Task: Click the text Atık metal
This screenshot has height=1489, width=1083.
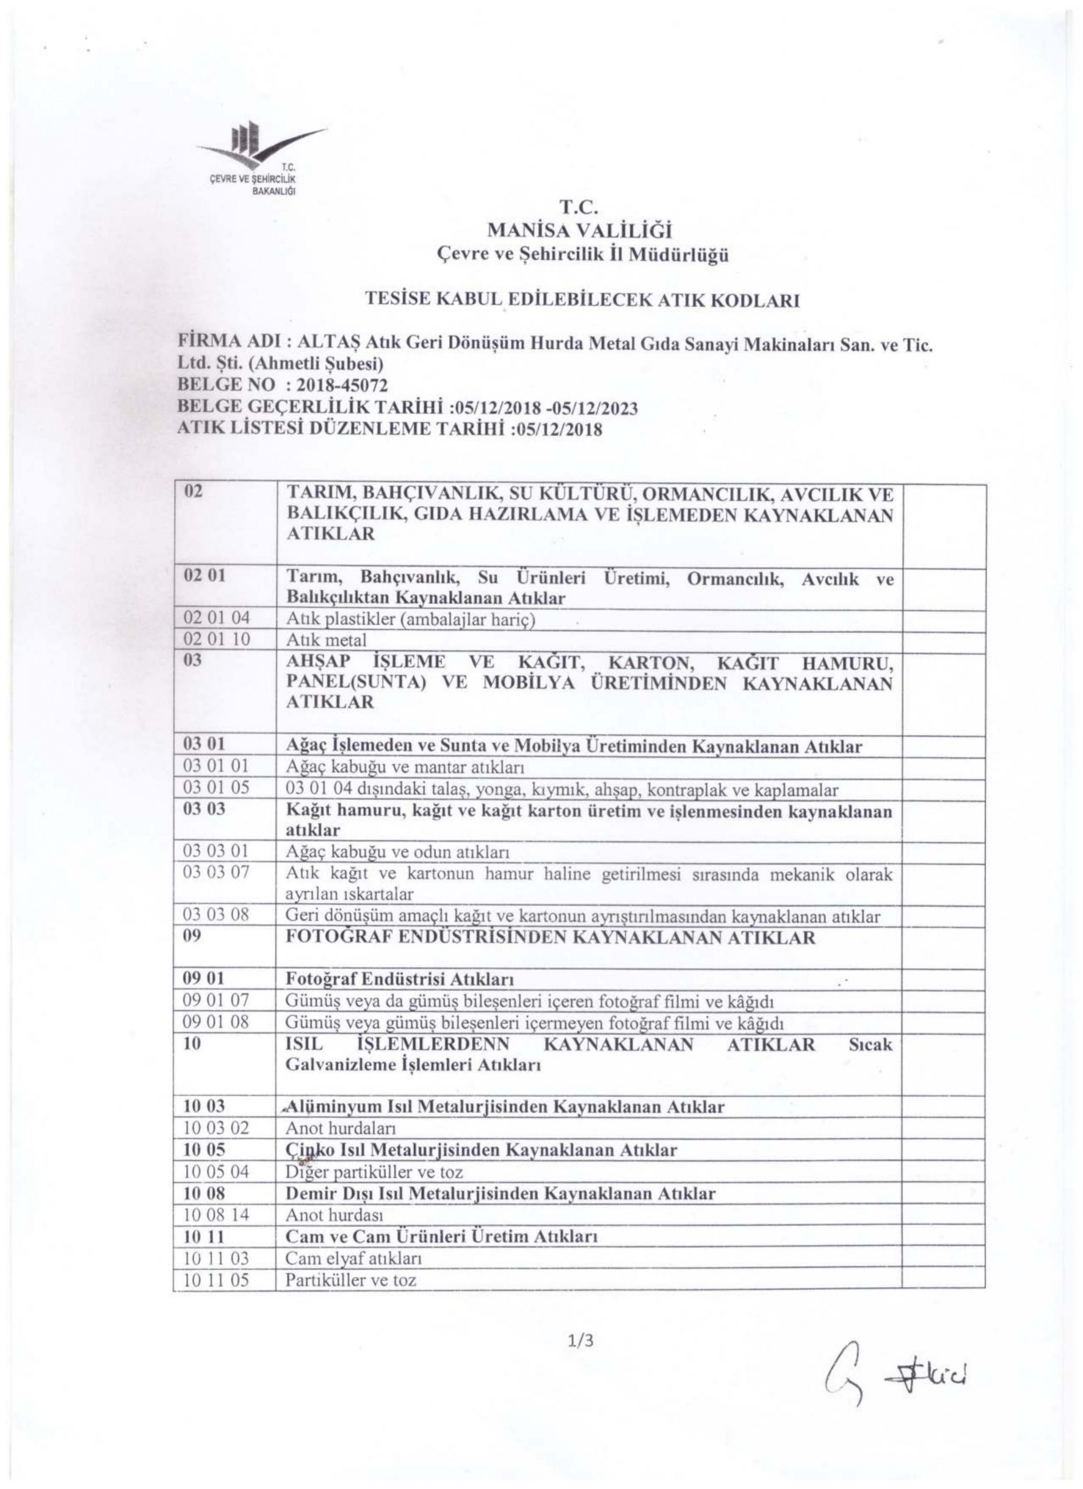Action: (326, 639)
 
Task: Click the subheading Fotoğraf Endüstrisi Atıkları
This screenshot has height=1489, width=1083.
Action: (399, 979)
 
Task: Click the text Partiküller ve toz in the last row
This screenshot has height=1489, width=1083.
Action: (351, 1280)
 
